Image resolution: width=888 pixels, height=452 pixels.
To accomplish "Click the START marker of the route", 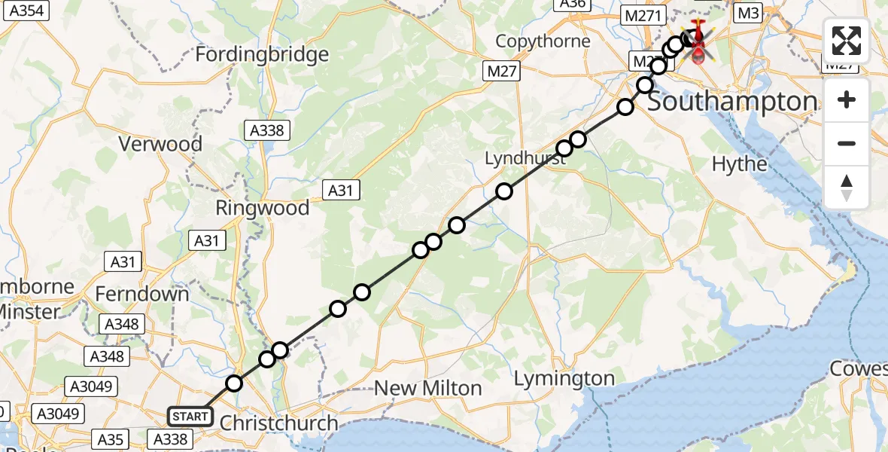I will pyautogui.click(x=190, y=417).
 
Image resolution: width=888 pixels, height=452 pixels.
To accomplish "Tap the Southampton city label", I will pyautogui.click(x=732, y=102).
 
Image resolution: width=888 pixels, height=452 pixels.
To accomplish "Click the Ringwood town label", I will pyautogui.click(x=262, y=209).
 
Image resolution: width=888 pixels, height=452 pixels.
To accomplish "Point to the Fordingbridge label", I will pyautogui.click(x=262, y=54).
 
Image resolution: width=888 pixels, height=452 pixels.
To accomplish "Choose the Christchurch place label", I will pyautogui.click(x=278, y=423).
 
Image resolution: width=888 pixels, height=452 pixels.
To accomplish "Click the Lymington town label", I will pyautogui.click(x=564, y=379).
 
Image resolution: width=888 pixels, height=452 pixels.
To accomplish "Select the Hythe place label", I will pyautogui.click(x=740, y=164).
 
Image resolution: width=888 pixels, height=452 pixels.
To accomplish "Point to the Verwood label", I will pyautogui.click(x=162, y=144).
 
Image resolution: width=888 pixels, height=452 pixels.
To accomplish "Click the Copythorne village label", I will pyautogui.click(x=543, y=41).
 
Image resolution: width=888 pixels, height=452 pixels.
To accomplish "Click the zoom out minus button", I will pyautogui.click(x=847, y=143).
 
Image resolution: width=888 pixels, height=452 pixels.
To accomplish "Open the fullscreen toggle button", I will pyautogui.click(x=847, y=41).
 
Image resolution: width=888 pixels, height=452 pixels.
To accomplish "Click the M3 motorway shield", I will pyautogui.click(x=748, y=12).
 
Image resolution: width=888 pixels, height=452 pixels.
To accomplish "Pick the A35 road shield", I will pyautogui.click(x=111, y=438).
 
